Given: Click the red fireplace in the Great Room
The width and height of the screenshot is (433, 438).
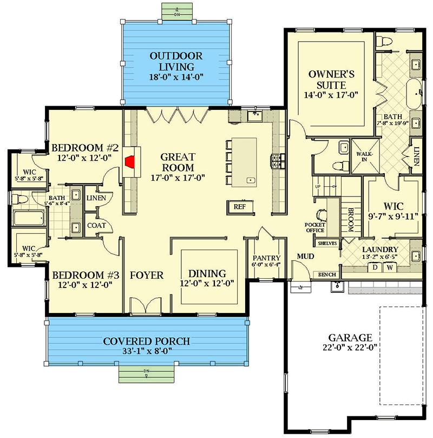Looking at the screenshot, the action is coord(130,162).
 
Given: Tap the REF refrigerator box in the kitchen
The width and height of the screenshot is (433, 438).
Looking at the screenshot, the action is coord(240,207).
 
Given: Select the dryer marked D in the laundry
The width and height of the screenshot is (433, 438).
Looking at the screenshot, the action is coord(375,267).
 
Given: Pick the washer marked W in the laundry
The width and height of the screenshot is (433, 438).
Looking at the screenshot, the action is coord(390,267).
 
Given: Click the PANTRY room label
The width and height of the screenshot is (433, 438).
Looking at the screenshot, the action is coord(267,258).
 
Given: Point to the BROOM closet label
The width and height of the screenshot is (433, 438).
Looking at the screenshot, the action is coord(351,220).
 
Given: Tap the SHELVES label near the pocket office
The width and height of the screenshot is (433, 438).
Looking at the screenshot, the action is coord(327,243).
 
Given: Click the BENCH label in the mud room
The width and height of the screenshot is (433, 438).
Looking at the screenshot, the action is coord(327,274).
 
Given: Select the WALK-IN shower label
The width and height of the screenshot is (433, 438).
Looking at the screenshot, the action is coord(364,156).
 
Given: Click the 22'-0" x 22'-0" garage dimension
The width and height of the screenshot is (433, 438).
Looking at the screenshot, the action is coord(350,348).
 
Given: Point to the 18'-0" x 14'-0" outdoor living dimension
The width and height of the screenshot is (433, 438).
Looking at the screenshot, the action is coord(176,77).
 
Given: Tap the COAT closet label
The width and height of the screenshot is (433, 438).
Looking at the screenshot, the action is coord(96,225).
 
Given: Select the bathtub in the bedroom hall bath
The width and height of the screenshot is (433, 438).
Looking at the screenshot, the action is coord(28,218).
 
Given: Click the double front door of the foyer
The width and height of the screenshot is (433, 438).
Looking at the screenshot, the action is coord(146,307).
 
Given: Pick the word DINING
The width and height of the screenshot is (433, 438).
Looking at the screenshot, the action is coord(207,273).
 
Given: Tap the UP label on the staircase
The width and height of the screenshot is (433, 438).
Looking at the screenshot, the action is coord(318,186).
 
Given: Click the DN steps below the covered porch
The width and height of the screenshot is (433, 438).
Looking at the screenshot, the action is coord(147,374).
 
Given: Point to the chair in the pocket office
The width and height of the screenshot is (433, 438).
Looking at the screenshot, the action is coord(322,215).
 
